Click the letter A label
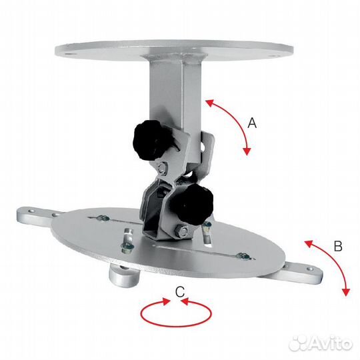[x=252, y=123]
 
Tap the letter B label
[x=337, y=246]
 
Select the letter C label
[x=179, y=291]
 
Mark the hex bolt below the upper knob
[x=161, y=166]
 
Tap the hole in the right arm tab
[x=309, y=270]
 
